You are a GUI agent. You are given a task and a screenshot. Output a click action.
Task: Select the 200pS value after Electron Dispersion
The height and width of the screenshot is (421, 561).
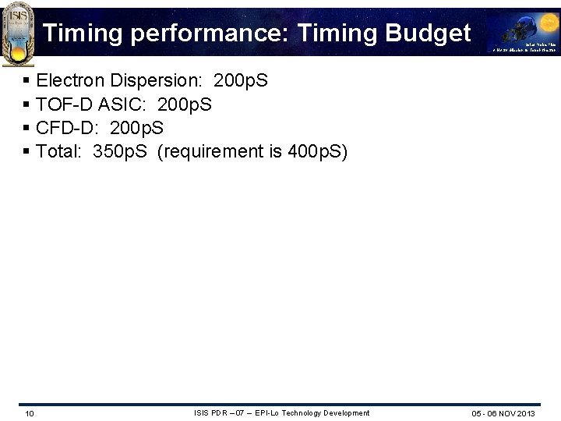240,80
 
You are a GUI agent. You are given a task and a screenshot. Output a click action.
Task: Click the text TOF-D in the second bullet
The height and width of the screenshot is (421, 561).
64,104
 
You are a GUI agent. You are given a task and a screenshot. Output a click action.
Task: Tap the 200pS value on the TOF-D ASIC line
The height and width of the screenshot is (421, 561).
184,104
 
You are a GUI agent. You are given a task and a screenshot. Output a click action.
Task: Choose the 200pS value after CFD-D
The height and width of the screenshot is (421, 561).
137,128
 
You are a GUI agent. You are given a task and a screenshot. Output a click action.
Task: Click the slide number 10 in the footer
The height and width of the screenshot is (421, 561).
29,413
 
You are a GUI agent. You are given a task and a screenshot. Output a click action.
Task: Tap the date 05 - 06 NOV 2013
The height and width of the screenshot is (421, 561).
503,413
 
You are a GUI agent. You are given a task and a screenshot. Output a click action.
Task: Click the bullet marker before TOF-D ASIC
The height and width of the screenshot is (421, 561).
27,104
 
